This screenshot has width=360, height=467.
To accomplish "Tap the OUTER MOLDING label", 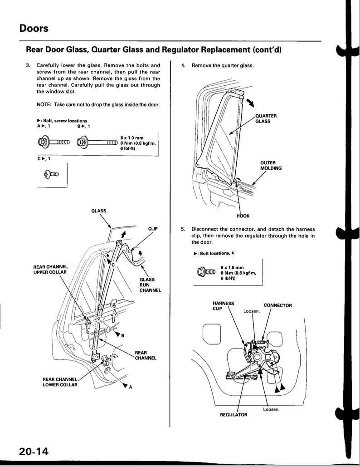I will [271, 165].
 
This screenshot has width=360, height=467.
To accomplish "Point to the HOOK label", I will [242, 216].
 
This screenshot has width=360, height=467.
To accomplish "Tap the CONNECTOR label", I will [277, 305].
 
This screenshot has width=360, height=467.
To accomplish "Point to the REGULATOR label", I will [234, 415].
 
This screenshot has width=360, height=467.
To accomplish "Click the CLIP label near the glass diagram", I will [152, 229].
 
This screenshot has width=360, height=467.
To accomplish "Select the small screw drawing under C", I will [52, 174].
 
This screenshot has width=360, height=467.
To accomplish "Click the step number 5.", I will [183, 229].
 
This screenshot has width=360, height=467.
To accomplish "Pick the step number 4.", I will [183, 65].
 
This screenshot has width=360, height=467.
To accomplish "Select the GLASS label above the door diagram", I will [99, 211].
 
